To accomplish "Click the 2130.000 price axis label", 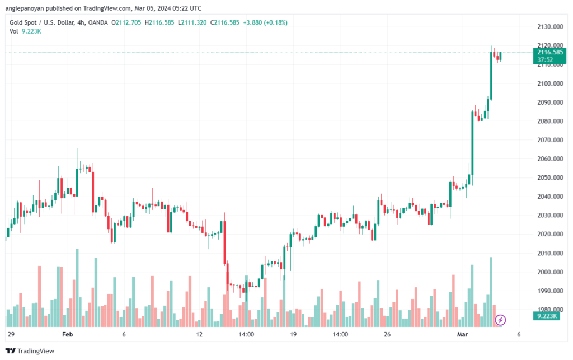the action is point(550,27).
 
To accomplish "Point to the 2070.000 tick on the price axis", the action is point(550,140).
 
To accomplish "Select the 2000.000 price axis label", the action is point(550,272).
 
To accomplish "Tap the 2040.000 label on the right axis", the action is point(550,197).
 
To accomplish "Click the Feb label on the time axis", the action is point(68,334).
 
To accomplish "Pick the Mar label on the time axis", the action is point(462,334).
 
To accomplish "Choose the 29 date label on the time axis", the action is point(11,334).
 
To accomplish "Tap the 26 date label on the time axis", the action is point(387,334).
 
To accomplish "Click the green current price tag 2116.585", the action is point(549,56).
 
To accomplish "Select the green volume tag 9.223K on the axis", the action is point(547,316).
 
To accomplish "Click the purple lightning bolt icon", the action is point(500,320).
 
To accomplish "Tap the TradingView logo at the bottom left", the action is point(30,351).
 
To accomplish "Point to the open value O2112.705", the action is point(126,22).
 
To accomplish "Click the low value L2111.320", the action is point(192,22).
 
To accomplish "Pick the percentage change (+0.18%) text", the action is point(275,22).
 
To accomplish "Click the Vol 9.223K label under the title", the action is point(25,31).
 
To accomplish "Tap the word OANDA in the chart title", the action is point(98,22).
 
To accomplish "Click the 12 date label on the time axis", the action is point(199,334).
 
